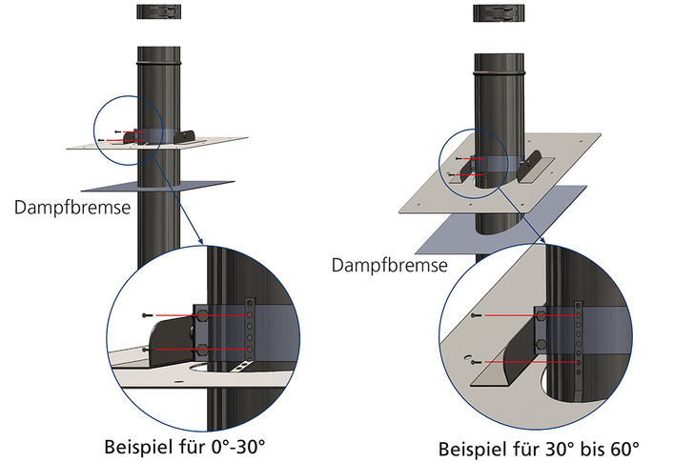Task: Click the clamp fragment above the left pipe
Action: (x=164, y=12)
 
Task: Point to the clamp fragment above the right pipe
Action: (x=502, y=12)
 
